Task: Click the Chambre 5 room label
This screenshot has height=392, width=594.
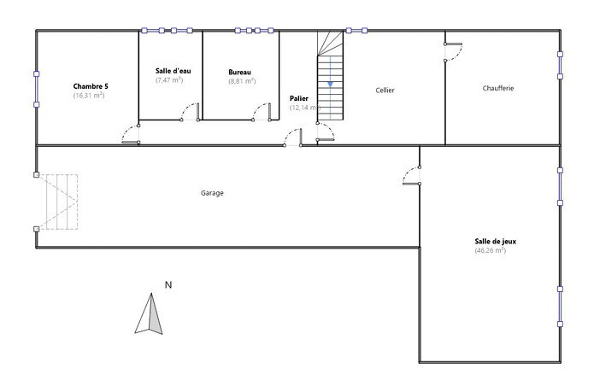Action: pyautogui.click(x=91, y=86)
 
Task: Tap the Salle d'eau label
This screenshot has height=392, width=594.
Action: pyautogui.click(x=173, y=71)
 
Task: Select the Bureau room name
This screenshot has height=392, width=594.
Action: pyautogui.click(x=239, y=72)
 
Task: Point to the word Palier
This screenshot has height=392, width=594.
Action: pyautogui.click(x=299, y=98)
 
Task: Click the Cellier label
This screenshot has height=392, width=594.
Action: pyautogui.click(x=385, y=90)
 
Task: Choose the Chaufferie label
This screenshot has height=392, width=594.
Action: pyautogui.click(x=498, y=88)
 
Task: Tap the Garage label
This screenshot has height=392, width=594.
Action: pyautogui.click(x=212, y=193)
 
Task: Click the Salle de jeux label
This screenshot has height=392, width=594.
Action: pyautogui.click(x=496, y=242)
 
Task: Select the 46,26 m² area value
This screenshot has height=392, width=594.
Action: pyautogui.click(x=491, y=250)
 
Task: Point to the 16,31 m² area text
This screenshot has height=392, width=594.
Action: pyautogui.click(x=89, y=96)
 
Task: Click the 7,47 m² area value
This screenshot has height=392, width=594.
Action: pyautogui.click(x=169, y=79)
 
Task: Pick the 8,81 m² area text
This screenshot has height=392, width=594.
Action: pyautogui.click(x=242, y=81)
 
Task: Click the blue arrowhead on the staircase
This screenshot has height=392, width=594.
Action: pyautogui.click(x=330, y=84)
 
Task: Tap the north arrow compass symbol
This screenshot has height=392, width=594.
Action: pyautogui.click(x=149, y=314)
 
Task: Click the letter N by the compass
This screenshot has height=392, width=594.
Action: pyautogui.click(x=168, y=285)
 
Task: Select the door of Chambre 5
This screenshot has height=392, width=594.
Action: pyautogui.click(x=131, y=134)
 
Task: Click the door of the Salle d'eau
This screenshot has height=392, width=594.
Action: pyautogui.click(x=191, y=112)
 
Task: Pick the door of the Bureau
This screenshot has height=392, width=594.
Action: pyautogui.click(x=262, y=112)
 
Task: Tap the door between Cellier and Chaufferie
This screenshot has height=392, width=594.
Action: pyautogui.click(x=453, y=52)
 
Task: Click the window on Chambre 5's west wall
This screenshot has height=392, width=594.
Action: pyautogui.click(x=37, y=90)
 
